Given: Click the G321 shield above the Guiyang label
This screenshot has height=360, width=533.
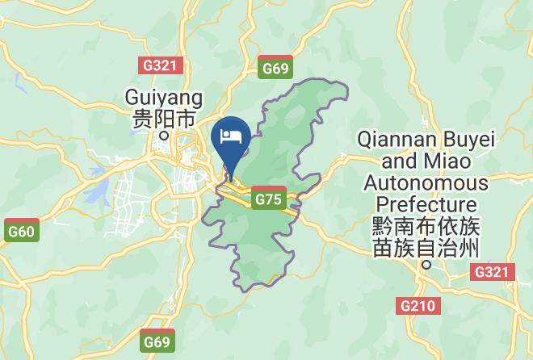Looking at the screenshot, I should pos(162,66).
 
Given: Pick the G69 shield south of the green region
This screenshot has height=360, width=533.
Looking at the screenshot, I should pos(157,341).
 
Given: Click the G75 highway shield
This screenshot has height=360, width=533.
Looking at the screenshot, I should pos(268,199).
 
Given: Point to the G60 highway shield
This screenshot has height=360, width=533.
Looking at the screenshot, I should pos(22,232).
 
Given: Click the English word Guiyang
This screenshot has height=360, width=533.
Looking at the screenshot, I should pos(162,97).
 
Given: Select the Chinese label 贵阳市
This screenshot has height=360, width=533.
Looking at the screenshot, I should pos(164,119).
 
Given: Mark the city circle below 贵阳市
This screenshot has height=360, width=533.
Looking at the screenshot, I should pos(163,136).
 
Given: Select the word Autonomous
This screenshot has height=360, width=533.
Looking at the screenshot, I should pos(426,182).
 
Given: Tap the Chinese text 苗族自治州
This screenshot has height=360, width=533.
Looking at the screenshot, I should pos(426,247).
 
